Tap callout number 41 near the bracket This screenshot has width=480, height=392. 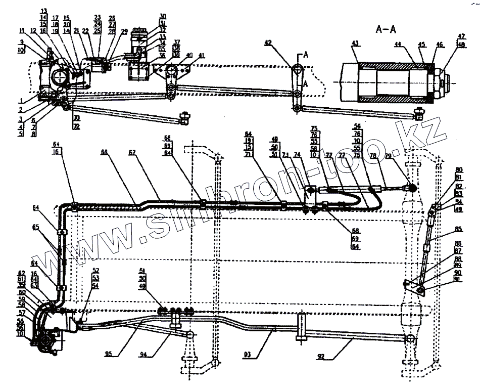202,55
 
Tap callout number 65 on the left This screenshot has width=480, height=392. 49,228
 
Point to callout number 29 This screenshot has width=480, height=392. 124,31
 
